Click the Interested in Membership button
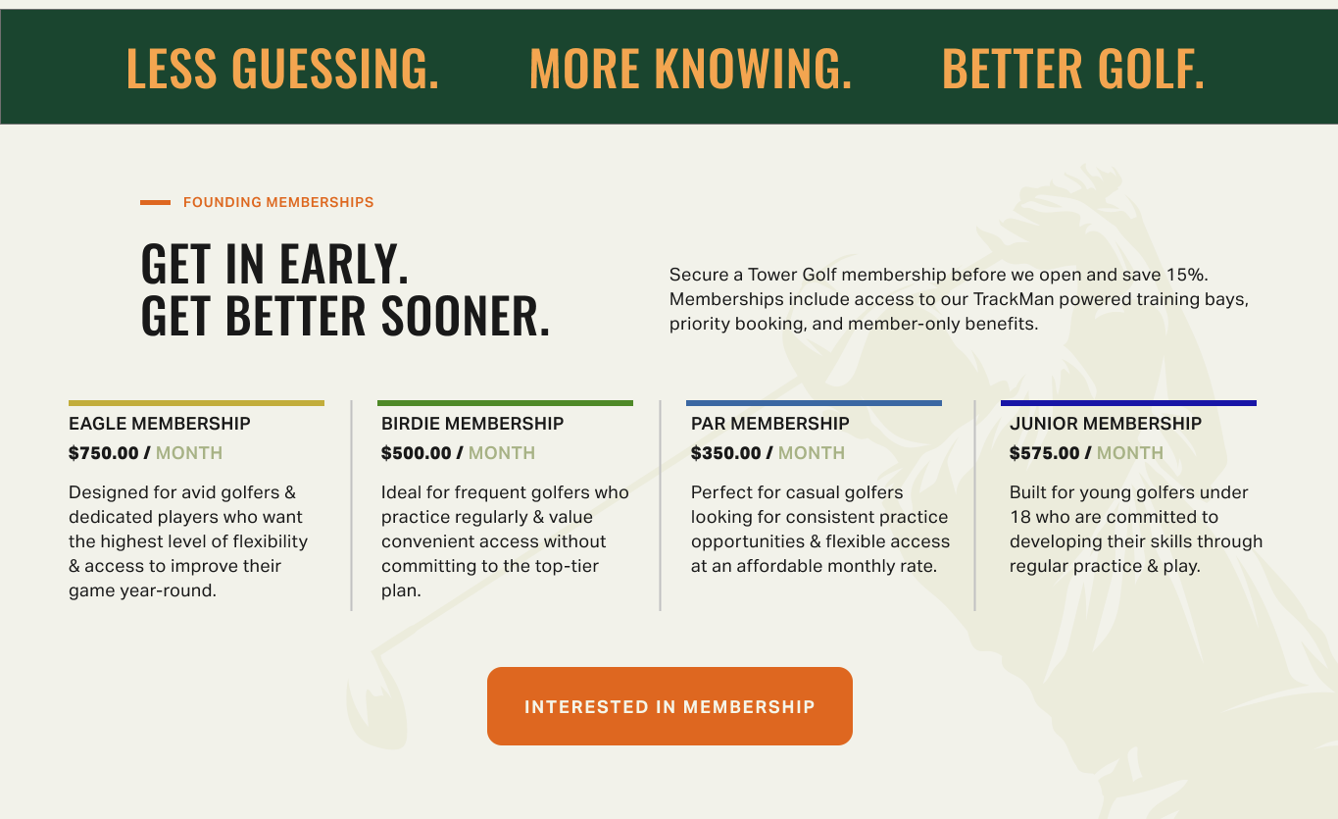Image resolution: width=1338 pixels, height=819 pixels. [669, 706]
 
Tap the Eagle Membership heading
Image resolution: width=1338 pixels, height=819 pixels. [160, 424]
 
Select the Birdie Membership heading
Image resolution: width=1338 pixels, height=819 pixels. [472, 424]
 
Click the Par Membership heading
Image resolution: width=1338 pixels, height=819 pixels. [769, 424]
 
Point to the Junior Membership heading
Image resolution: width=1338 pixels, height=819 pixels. [1106, 424]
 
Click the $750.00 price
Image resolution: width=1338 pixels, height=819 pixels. [103, 453]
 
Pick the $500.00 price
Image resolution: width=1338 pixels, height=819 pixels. [417, 453]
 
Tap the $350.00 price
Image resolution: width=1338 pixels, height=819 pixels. [725, 453]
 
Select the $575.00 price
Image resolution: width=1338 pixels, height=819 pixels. [1045, 453]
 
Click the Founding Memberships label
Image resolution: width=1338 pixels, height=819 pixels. [278, 202]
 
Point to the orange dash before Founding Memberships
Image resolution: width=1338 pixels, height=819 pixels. [155, 203]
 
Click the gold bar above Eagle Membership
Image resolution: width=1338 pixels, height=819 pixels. [196, 403]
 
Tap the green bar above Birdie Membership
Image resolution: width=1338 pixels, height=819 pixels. [506, 403]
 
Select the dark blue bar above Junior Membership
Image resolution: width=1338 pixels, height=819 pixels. [1128, 403]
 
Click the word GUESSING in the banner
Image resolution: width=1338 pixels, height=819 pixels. [335, 68]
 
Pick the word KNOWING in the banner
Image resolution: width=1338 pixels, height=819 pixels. [753, 68]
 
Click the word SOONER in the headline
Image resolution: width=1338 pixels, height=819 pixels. [466, 315]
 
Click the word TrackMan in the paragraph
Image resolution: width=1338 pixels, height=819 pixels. [1014, 299]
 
